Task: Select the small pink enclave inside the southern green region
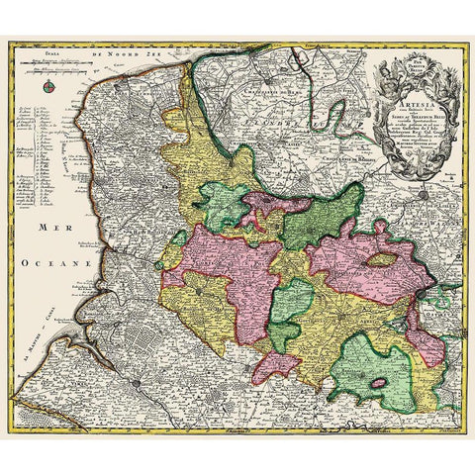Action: tap(376, 382)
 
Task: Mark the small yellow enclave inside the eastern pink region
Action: tap(381, 261)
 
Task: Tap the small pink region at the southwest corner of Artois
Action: tap(276, 365)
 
